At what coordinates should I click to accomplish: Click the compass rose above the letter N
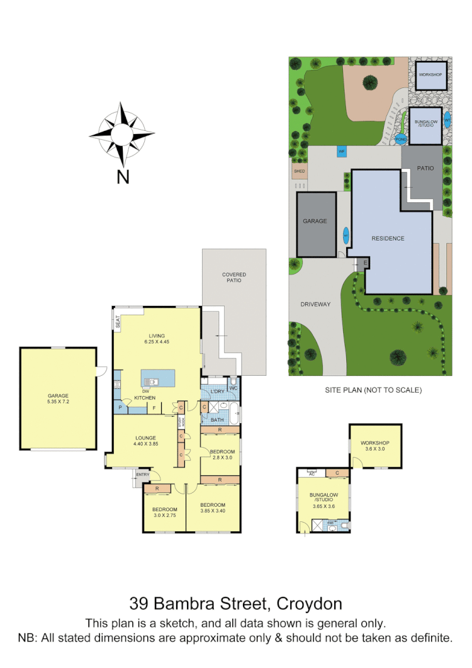pos(121,133)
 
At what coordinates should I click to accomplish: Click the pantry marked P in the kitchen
pos(120,409)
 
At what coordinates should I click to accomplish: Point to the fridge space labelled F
pos(154,409)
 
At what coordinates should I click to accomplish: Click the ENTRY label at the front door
pos(143,474)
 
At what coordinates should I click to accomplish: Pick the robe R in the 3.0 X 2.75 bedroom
pos(157,488)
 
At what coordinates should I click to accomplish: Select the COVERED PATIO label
pos(234,277)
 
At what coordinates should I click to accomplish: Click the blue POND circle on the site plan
pos(401,140)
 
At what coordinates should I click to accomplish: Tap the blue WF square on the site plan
pos(342,152)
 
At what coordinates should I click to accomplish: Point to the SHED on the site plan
pos(300,171)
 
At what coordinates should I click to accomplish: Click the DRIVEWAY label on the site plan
pos(315,304)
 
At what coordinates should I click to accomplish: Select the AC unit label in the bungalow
pos(310,472)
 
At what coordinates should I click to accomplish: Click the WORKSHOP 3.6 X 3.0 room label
pos(376,446)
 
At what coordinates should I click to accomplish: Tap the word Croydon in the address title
pos(307,604)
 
